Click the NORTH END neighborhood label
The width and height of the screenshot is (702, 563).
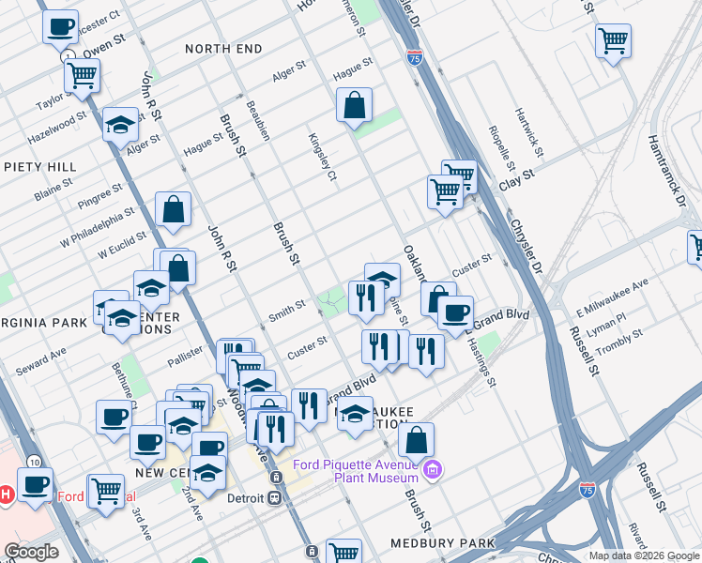(x=221, y=48)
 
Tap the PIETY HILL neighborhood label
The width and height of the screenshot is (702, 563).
(x=39, y=167)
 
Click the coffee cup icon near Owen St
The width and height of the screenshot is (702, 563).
(x=60, y=27)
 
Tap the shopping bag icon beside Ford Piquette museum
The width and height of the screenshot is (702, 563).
(x=416, y=439)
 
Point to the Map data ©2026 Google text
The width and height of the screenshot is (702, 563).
(x=643, y=555)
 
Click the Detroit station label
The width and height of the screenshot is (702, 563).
(x=248, y=497)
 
